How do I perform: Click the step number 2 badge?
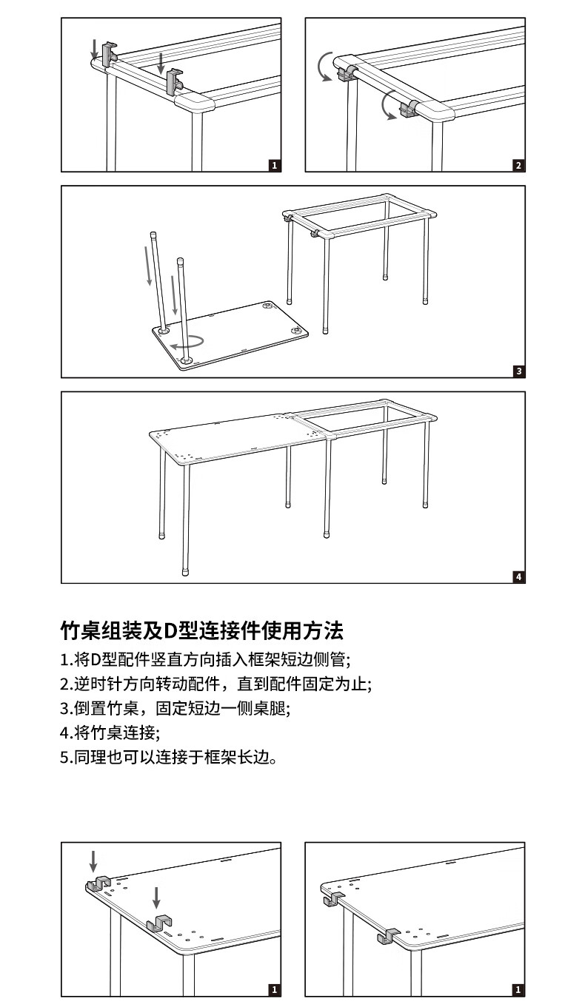518,165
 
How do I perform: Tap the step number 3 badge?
518,371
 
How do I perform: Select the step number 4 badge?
518,576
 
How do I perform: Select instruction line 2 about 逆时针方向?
215,683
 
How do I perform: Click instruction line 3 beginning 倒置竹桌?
175,708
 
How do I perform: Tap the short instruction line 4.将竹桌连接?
110,732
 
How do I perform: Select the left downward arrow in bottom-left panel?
93,861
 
